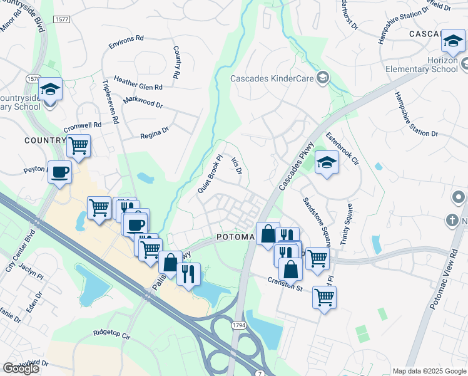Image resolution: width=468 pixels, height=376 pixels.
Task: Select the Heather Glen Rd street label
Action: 138,85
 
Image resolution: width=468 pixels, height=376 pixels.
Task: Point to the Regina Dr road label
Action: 155,132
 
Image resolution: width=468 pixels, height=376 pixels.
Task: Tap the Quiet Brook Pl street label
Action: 210,175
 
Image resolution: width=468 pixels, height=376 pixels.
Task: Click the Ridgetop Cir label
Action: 110,333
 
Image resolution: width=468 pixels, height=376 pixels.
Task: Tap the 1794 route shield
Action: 240,325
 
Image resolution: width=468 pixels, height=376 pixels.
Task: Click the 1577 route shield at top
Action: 62,19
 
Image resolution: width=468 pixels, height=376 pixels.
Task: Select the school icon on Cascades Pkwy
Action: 326,163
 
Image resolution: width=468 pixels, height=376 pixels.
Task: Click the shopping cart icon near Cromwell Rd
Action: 78,145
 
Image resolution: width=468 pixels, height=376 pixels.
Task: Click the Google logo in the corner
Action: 21,368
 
